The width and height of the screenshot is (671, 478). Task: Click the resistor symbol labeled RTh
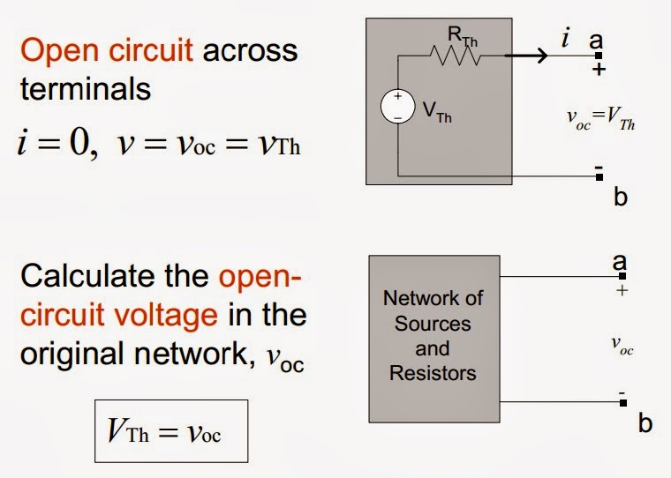[456, 56]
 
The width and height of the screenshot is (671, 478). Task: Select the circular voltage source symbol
[397, 107]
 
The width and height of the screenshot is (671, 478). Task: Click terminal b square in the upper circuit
[599, 176]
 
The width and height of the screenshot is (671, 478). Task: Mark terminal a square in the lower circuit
[622, 276]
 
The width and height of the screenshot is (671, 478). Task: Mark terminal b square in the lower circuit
[622, 403]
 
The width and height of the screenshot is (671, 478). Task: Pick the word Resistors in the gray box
[433, 372]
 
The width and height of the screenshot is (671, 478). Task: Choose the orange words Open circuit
[107, 51]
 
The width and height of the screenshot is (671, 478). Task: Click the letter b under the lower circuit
[645, 424]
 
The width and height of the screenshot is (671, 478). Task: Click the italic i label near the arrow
[565, 38]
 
